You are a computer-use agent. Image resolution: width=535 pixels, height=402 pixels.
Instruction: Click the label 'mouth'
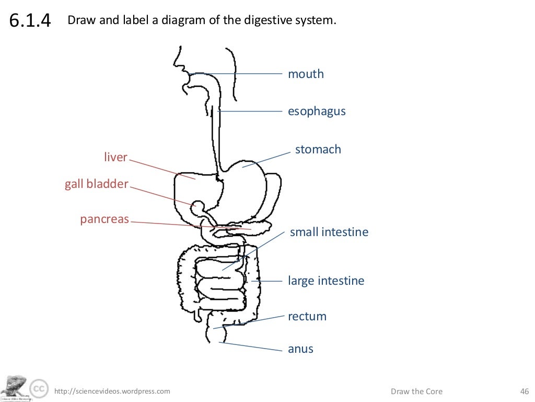pyautogui.click(x=306, y=74)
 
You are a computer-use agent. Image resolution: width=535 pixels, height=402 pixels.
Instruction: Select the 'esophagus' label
pyautogui.click(x=317, y=111)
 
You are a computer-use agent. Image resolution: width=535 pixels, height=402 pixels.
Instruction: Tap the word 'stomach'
pyautogui.click(x=318, y=150)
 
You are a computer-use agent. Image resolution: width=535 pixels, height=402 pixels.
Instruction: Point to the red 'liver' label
pyautogui.click(x=115, y=158)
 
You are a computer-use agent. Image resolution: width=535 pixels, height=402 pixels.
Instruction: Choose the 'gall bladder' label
pyautogui.click(x=96, y=184)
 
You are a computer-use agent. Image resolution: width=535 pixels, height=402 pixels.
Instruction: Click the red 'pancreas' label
pyautogui.click(x=104, y=219)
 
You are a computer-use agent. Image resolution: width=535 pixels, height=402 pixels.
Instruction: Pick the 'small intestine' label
pyautogui.click(x=329, y=232)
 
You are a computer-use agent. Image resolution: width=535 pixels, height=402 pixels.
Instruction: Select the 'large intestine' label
pyautogui.click(x=326, y=281)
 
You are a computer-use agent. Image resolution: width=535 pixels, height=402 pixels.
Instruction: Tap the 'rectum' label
pyautogui.click(x=307, y=317)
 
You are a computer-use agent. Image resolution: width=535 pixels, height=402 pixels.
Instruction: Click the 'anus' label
pyautogui.click(x=300, y=349)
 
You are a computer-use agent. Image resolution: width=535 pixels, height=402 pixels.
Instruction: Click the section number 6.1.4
pyautogui.click(x=30, y=21)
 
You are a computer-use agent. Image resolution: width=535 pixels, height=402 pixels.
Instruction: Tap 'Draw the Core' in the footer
pyautogui.click(x=416, y=392)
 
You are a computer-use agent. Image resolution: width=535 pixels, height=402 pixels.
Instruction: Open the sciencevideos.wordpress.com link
pyautogui.click(x=112, y=392)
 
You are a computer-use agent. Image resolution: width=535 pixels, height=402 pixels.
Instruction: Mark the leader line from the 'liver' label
pyautogui.click(x=162, y=169)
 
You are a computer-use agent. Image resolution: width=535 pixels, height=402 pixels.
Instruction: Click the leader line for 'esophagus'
pyautogui.click(x=250, y=111)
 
